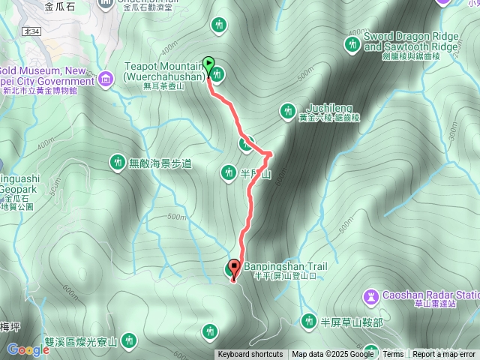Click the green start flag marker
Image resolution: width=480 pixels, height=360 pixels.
click(208, 65)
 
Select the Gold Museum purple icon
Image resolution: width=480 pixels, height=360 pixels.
click(105, 77)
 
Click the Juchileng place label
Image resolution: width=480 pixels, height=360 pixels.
click(329, 107)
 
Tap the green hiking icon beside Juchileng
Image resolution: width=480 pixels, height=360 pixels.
click(286, 112)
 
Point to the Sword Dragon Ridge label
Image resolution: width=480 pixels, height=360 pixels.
click(409, 40)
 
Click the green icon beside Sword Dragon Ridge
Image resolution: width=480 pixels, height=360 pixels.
click(351, 44)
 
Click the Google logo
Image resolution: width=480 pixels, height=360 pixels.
click(28, 349)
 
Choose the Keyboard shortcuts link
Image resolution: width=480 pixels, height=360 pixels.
click(250, 355)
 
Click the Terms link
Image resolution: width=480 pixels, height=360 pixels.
click(393, 355)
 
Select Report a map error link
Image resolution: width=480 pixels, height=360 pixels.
click(444, 355)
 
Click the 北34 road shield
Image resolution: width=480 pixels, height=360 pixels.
click(31, 31)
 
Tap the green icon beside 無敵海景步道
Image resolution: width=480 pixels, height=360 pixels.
click(117, 160)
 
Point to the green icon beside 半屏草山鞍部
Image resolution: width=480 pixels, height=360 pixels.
click(308, 322)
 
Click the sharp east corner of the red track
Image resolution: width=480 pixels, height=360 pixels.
click(269, 154)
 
